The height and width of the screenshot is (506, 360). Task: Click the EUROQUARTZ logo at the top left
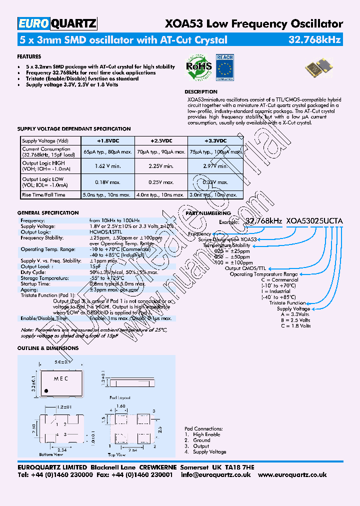pyautogui.click(x=57, y=24)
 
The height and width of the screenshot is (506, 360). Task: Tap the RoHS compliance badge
pyautogui.click(x=198, y=67)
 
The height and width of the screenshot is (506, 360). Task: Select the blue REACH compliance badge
pyautogui.click(x=225, y=67)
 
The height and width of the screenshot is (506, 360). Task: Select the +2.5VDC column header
pyautogui.click(x=161, y=141)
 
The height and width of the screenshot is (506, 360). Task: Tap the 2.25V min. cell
pyautogui.click(x=161, y=166)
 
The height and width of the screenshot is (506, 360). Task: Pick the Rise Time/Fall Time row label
pyautogui.click(x=44, y=195)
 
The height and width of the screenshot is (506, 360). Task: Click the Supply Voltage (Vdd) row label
pyautogui.click(x=45, y=141)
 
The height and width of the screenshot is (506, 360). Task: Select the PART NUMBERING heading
pyautogui.click(x=201, y=213)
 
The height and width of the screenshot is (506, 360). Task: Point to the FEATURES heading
pyautogui.click(x=29, y=57)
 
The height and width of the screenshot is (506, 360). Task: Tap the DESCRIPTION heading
pyautogui.click(x=201, y=92)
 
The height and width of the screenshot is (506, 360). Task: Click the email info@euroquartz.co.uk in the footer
pyautogui.click(x=215, y=474)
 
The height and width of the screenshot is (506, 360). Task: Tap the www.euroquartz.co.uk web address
pyautogui.click(x=292, y=474)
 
